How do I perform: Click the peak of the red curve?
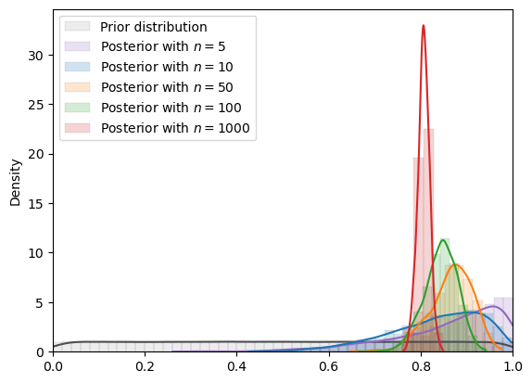pyautogui.click(x=424, y=25)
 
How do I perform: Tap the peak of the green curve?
pyautogui.click(x=444, y=239)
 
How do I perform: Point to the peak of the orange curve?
pyautogui.click(x=456, y=264)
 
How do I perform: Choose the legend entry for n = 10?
pyautogui.click(x=167, y=68)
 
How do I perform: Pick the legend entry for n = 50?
pyautogui.click(x=167, y=88)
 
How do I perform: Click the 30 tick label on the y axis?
pyautogui.click(x=36, y=55)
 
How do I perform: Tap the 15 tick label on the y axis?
pyautogui.click(x=36, y=203)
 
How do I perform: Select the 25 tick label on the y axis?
pyautogui.click(x=36, y=104)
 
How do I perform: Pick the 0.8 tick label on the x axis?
pyautogui.click(x=421, y=366)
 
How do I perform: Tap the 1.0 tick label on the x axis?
pyautogui.click(x=513, y=366)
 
